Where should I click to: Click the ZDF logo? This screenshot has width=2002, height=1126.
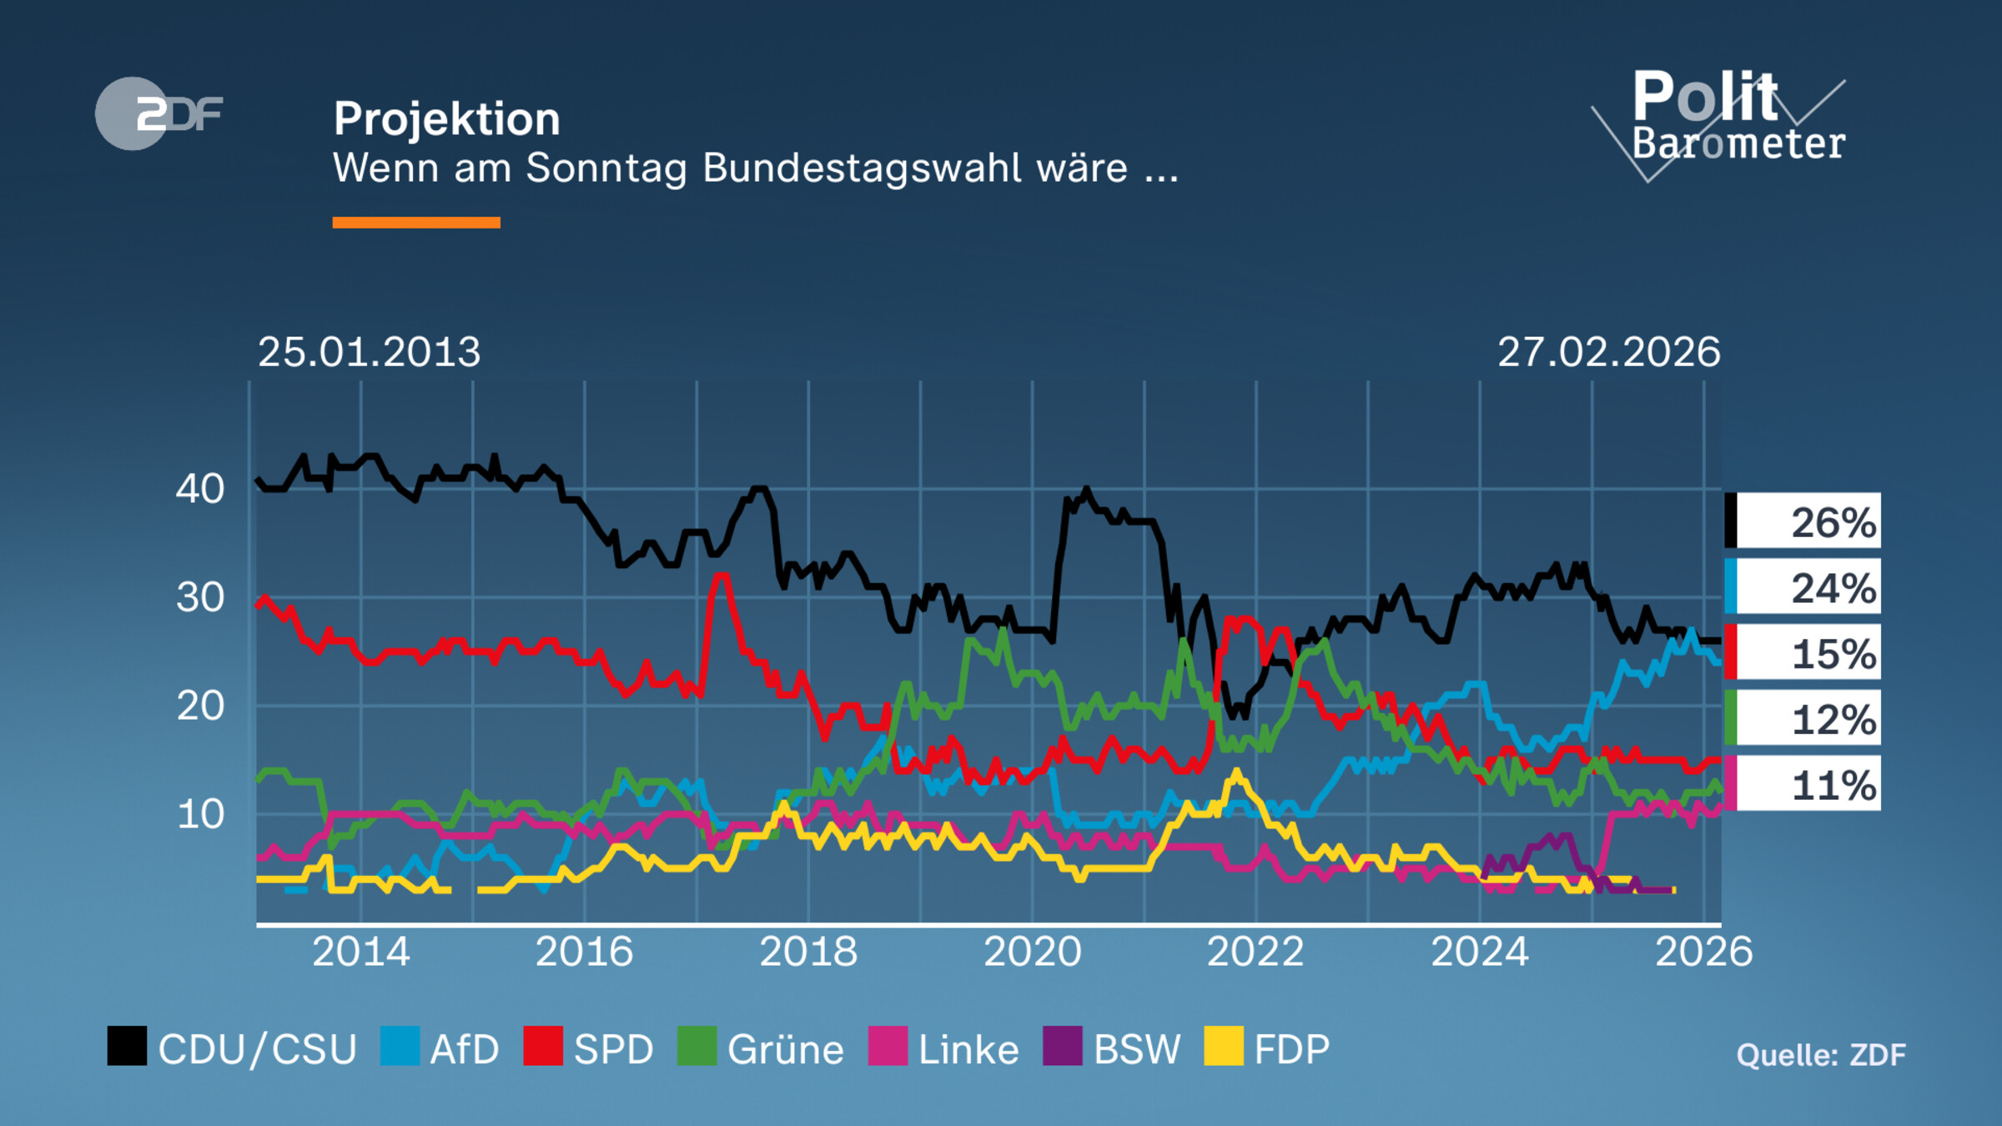(x=158, y=113)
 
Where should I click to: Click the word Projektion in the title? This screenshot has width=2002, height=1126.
(x=446, y=119)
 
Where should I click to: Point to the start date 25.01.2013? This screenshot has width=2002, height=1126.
(x=369, y=352)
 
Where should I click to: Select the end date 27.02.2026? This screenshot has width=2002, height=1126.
(x=1608, y=352)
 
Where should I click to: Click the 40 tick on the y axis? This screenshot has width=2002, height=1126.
(x=200, y=489)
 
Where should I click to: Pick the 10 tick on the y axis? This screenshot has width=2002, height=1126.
(x=200, y=814)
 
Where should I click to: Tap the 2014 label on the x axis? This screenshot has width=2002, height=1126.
(x=360, y=952)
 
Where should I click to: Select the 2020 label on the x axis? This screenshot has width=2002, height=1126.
(x=1032, y=952)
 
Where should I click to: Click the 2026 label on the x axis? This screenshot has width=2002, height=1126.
(x=1703, y=952)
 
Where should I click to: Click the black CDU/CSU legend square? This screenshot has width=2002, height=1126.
(x=127, y=1046)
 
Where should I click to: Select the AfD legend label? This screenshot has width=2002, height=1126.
(x=464, y=1049)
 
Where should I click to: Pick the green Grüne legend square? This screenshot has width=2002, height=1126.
(x=697, y=1046)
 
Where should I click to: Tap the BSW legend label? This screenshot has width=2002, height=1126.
(x=1136, y=1049)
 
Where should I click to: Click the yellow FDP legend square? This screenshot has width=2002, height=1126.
(x=1224, y=1046)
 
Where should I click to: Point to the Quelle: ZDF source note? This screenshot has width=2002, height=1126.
(x=1820, y=1055)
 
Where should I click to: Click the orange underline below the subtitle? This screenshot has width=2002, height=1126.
(x=416, y=223)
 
